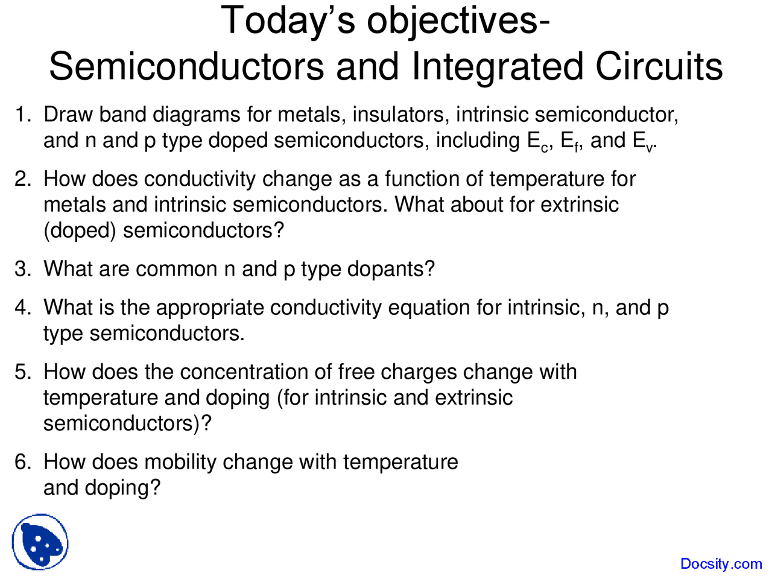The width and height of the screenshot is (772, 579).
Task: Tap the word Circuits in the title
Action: point(659,66)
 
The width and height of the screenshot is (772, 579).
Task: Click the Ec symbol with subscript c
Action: point(537,142)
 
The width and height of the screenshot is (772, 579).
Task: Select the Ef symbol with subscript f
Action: point(570,142)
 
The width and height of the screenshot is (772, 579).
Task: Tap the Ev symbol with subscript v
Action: point(643,142)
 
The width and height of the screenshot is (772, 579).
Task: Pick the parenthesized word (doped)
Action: point(80,231)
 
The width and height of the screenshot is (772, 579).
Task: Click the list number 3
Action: point(22,269)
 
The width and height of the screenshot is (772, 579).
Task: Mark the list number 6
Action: point(22,462)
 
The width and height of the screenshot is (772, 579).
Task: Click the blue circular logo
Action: point(40,542)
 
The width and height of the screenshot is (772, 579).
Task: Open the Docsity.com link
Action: point(721,564)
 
